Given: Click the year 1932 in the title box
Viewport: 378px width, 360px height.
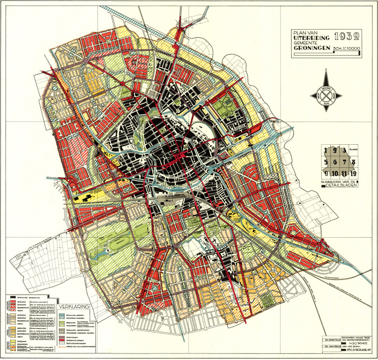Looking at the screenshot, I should [x=347, y=37].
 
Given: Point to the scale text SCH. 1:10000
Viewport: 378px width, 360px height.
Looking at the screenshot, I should [x=347, y=48].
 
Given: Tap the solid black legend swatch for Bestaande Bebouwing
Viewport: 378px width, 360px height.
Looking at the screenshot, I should [x=13, y=297].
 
